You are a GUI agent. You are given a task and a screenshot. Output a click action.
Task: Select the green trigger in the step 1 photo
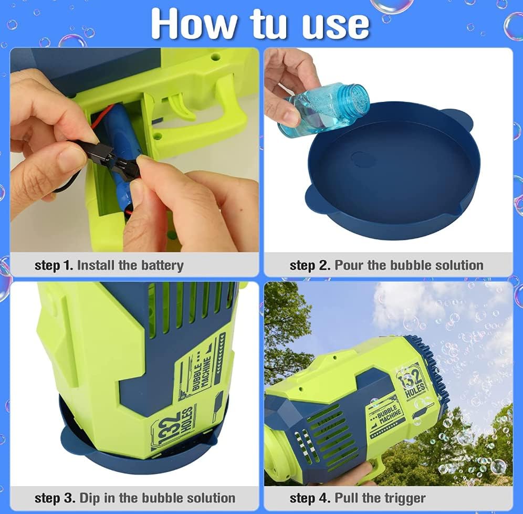click(182, 106)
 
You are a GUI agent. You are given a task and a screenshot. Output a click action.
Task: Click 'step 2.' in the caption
click(310, 266)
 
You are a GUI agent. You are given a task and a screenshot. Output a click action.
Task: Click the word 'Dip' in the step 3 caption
click(90, 498)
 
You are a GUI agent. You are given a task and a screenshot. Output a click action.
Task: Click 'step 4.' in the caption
click(310, 498)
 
